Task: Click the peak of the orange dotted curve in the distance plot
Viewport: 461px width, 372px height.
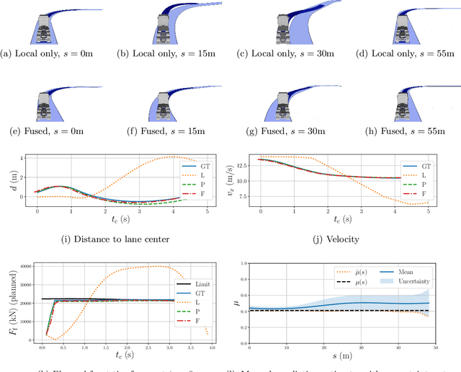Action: tap(171, 156)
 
